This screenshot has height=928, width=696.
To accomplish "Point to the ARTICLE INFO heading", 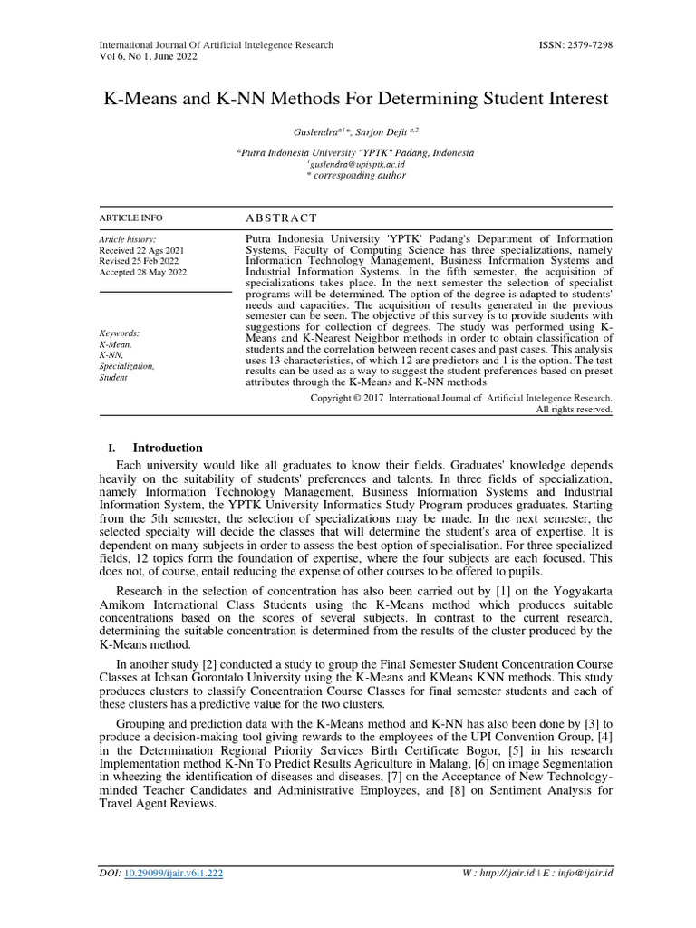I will click(130, 218).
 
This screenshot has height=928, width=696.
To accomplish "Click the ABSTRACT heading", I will click(282, 218).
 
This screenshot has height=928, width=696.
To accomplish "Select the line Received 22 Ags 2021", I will click(141, 249).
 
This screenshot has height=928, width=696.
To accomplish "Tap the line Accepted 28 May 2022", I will click(143, 273).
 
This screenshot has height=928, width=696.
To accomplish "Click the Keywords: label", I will click(119, 333).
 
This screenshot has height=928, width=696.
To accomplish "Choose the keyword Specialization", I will click(126, 366).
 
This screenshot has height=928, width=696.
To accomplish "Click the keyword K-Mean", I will click(115, 344).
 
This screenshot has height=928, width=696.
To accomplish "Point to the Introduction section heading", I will click(168, 448).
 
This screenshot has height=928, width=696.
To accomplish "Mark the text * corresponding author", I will click(356, 176).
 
